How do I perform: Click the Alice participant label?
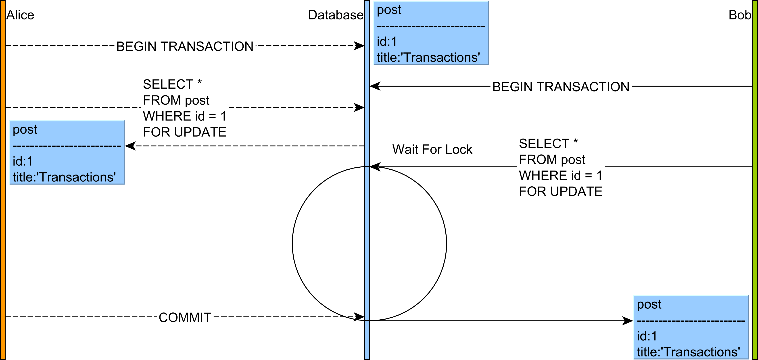click(x=20, y=15)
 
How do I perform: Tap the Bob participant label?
click(x=739, y=15)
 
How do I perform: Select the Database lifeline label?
click(x=335, y=15)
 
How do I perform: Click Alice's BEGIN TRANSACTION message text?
click(x=185, y=46)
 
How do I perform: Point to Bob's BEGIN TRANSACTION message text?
click(x=561, y=87)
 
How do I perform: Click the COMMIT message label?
click(x=185, y=318)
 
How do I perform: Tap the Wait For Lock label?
click(x=432, y=149)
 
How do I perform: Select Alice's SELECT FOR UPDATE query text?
click(x=184, y=108)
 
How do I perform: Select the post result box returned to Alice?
click(x=67, y=153)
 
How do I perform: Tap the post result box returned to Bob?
click(x=691, y=328)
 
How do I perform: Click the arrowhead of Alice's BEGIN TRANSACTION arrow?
click(x=360, y=46)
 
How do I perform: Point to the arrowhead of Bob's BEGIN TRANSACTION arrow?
click(x=375, y=86)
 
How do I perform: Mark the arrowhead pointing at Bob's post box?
click(x=628, y=320)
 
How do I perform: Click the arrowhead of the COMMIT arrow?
click(x=360, y=317)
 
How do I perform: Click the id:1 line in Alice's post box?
click(x=23, y=161)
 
